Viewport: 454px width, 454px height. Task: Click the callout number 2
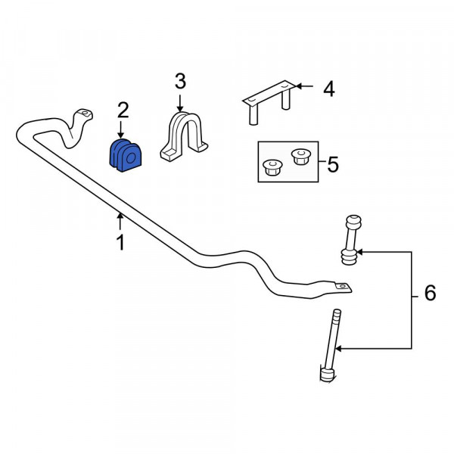tap(123, 110)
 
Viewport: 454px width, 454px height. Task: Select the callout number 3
tap(180, 82)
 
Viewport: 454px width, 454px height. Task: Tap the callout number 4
tap(329, 89)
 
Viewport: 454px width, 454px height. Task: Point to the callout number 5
tap(333, 164)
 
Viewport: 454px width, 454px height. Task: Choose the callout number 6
tap(430, 293)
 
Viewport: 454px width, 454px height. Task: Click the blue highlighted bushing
tap(126, 155)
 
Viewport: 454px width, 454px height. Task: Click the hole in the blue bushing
tap(131, 158)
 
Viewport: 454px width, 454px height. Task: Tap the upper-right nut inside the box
tap(301, 157)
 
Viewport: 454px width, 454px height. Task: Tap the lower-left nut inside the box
tap(272, 168)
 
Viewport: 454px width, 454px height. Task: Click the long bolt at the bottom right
tap(331, 346)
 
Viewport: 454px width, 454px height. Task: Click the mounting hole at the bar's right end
tap(342, 286)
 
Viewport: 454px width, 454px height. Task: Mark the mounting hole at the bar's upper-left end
tap(85, 113)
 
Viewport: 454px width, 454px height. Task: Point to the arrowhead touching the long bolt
tap(338, 348)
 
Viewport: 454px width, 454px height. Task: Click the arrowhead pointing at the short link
tap(360, 252)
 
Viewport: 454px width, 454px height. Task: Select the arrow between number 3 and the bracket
tap(180, 104)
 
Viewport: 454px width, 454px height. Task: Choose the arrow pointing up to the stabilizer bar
tap(120, 222)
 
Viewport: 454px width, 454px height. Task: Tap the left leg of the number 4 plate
tap(253, 115)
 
